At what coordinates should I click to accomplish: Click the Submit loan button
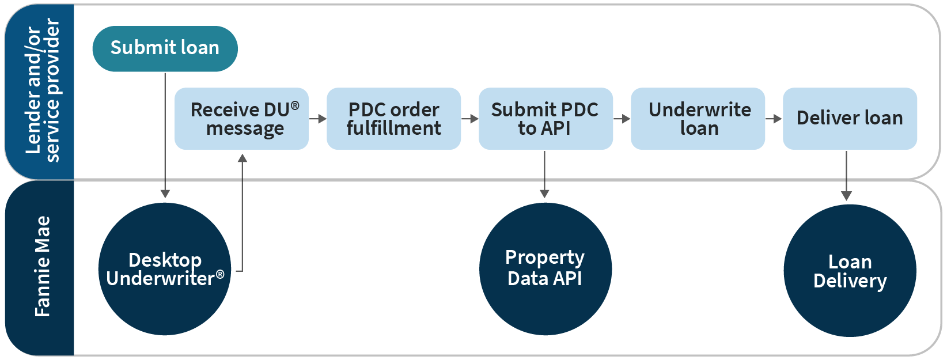click(165, 48)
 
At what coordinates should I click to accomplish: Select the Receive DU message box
click(241, 119)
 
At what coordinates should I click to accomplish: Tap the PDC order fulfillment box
click(393, 119)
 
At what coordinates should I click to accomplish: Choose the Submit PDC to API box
click(545, 119)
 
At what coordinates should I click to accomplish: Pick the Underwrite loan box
click(698, 119)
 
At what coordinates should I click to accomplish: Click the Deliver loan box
click(850, 119)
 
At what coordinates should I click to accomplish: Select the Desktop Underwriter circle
click(165, 269)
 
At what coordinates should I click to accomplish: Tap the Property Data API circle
click(545, 269)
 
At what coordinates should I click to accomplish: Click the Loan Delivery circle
click(850, 271)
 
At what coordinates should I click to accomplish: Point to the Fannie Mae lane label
click(42, 267)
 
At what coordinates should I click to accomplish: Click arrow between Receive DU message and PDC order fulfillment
click(318, 119)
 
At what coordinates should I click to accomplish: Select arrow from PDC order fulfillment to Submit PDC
click(470, 119)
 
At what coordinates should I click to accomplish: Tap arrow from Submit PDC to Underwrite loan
click(622, 119)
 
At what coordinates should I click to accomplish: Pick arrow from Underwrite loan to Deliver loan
click(774, 119)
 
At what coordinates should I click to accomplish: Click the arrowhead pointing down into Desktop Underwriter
click(165, 194)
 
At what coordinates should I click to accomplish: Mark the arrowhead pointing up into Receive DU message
click(243, 158)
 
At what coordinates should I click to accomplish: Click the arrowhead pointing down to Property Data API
click(544, 194)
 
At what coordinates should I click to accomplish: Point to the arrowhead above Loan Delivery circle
click(846, 196)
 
